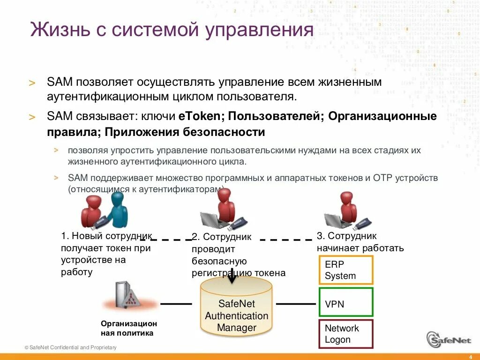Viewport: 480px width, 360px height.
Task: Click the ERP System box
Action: tap(346, 270)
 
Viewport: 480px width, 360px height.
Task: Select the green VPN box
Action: tap(346, 302)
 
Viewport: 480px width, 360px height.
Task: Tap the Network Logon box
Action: tap(346, 334)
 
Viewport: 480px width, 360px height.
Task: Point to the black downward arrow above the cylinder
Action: tap(232, 276)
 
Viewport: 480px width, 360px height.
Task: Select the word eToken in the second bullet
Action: tap(196, 116)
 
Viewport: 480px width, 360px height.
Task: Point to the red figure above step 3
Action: tap(349, 206)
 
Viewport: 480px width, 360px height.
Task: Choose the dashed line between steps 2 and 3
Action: tap(286, 240)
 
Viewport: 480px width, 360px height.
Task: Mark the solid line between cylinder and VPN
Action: tap(295, 304)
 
